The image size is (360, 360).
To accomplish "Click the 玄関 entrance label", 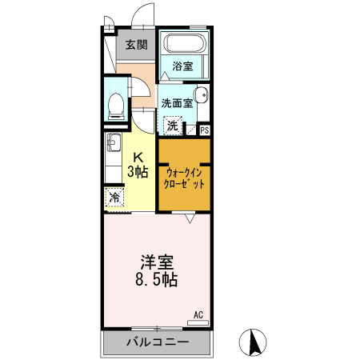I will click(135, 45).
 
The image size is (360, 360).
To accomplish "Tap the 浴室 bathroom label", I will click(182, 66).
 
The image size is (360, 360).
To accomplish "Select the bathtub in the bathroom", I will click(183, 44).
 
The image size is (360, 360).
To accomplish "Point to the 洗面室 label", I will click(176, 102).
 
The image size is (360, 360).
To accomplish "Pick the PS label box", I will click(205, 130).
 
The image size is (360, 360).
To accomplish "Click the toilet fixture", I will click(116, 103).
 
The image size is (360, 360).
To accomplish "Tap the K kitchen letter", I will click(137, 157).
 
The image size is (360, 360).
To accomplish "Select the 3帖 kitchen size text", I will click(137, 171).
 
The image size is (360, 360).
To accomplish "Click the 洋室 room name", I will click(158, 262).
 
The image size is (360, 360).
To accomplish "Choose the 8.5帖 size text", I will click(158, 281).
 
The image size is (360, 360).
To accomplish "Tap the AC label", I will click(199, 314).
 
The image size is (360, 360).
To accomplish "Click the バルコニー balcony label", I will click(158, 342).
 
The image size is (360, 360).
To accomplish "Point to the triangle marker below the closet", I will click(189, 218).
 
